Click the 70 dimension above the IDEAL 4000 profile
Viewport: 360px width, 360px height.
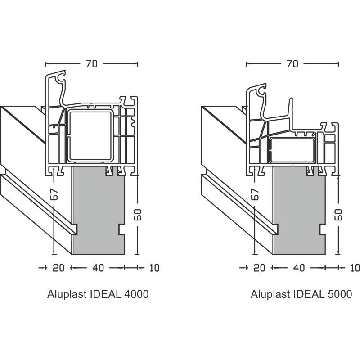[91, 64]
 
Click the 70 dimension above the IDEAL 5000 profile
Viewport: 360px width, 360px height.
[292, 64]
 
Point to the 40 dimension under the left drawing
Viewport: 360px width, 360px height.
[98, 268]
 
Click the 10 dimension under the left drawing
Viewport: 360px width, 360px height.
[154, 268]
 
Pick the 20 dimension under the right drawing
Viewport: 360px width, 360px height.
[259, 268]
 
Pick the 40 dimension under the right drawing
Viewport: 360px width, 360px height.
[298, 268]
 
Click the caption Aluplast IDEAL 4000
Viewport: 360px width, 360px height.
[98, 295]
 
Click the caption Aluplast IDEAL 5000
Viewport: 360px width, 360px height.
[301, 295]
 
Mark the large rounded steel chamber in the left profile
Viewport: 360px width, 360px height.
[90, 135]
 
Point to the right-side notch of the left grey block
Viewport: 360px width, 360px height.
[121, 229]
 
